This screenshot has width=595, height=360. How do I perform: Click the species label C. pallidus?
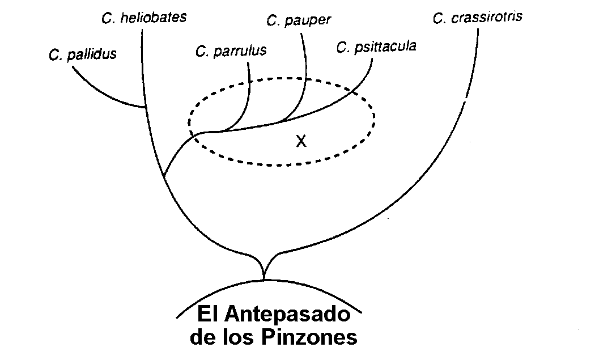(x=83, y=54)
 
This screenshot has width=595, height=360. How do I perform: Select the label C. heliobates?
(x=144, y=18)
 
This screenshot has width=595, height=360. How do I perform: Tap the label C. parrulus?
(x=231, y=51)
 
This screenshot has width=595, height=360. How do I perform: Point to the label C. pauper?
(x=299, y=20)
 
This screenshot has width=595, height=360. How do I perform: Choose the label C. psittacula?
(x=376, y=46)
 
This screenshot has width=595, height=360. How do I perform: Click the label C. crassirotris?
(x=477, y=18)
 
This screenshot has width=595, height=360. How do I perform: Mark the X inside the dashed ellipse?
(x=301, y=141)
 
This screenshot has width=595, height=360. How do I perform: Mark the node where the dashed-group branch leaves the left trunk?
(x=165, y=176)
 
